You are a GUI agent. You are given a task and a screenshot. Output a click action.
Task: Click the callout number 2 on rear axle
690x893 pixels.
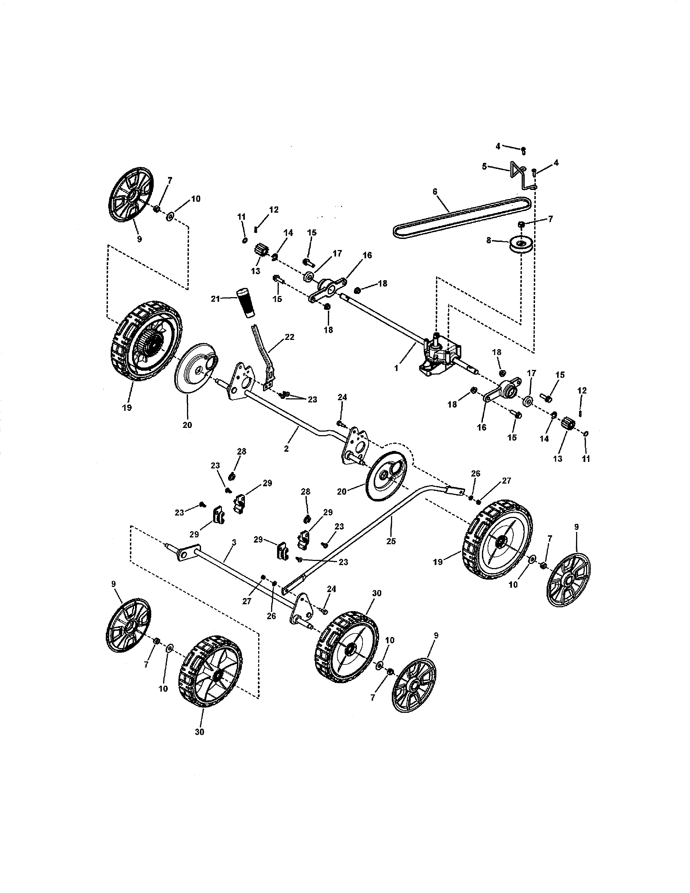coord(286,449)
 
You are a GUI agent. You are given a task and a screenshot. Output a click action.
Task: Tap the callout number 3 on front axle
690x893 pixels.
coord(234,542)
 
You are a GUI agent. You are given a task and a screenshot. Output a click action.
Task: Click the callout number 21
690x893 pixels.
coord(215,299)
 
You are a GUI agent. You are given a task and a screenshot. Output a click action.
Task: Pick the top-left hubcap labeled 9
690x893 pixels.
coord(131,194)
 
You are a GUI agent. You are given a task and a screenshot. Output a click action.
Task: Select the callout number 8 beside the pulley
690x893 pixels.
coord(488,241)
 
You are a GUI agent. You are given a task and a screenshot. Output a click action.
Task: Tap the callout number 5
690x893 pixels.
coord(484,166)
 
